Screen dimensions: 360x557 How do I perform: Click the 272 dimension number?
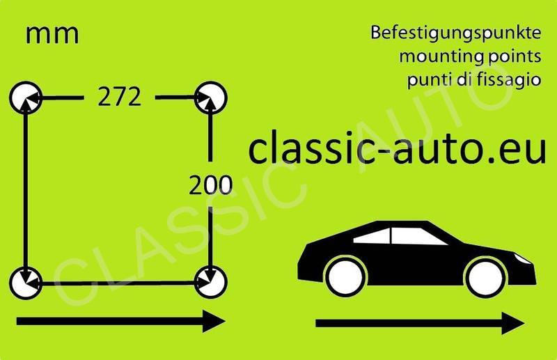click(120, 97)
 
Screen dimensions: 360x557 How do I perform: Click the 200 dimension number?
click(210, 185)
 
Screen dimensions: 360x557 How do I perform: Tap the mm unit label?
click(52, 34)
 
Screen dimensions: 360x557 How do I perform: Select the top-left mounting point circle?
click(26, 97)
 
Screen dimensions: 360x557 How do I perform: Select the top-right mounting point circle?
click(210, 97)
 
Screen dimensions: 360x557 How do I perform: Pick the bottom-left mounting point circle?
click(26, 282)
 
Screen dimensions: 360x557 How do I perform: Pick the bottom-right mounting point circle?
click(210, 282)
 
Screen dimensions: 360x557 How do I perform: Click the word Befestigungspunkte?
click(456, 33)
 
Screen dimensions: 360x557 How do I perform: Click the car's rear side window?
click(372, 237)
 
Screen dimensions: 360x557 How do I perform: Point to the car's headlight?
click(521, 258)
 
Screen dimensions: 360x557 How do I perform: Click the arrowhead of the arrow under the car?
click(513, 323)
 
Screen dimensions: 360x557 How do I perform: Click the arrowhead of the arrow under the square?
click(213, 321)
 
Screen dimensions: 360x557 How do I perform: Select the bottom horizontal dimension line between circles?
click(118, 283)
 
